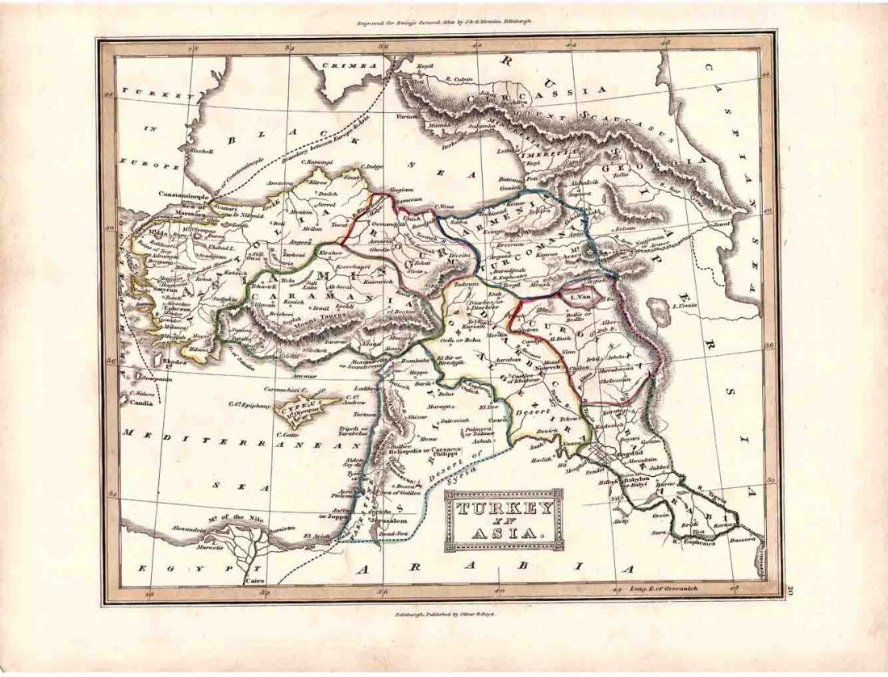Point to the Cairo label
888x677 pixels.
click(232, 579)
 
